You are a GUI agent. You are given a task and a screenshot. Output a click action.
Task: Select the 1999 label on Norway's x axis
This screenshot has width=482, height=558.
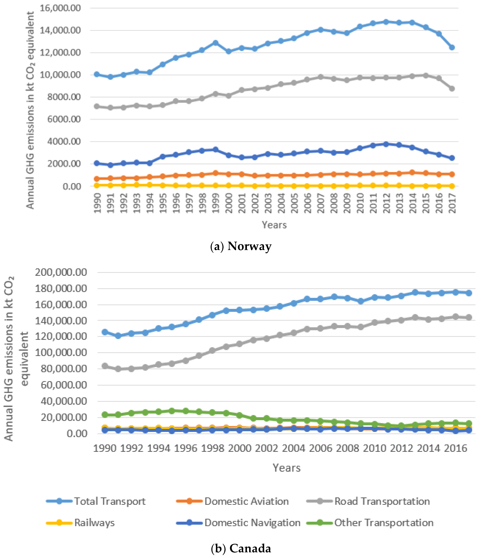pyautogui.click(x=215, y=203)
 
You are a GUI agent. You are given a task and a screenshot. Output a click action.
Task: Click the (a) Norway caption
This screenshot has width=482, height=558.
pyautogui.click(x=241, y=246)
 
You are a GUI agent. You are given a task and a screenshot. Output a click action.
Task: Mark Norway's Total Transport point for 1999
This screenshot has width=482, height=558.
pyautogui.click(x=215, y=43)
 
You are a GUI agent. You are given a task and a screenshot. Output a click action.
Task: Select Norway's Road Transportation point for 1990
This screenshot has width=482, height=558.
pyautogui.click(x=97, y=106)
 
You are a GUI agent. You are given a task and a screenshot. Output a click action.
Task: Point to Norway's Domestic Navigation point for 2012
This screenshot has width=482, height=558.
pyautogui.click(x=386, y=144)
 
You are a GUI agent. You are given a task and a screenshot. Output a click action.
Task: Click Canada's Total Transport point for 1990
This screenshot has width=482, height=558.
pyautogui.click(x=105, y=332)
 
